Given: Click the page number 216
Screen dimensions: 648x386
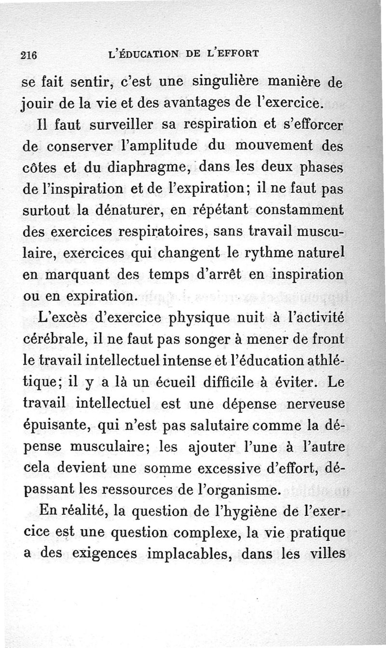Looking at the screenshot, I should coord(29,54).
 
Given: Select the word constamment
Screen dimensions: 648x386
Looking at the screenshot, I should coord(300,211).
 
